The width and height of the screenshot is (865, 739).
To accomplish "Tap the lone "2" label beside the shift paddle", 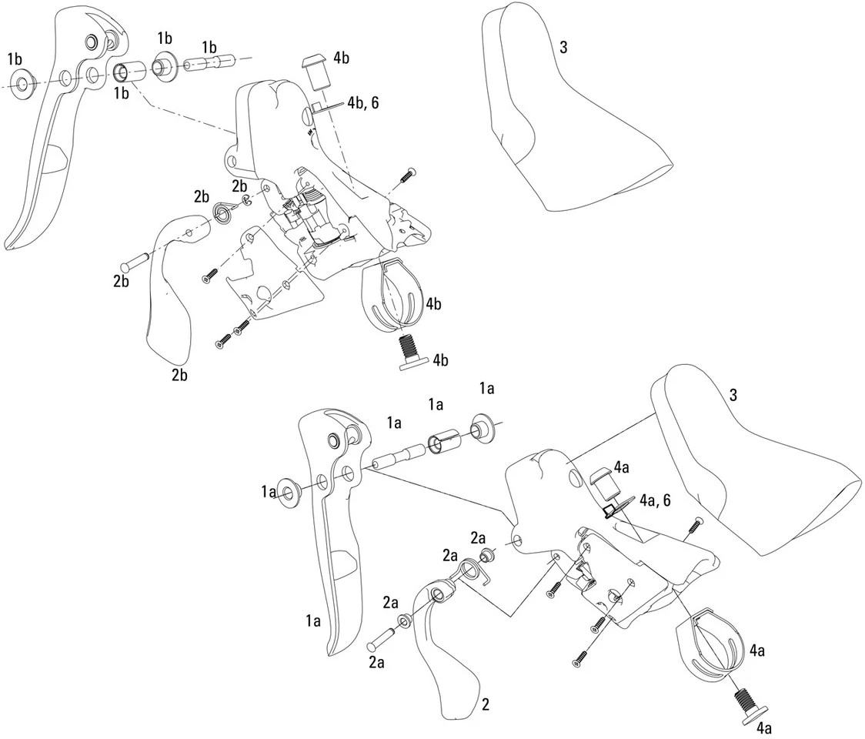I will click(485, 704).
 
